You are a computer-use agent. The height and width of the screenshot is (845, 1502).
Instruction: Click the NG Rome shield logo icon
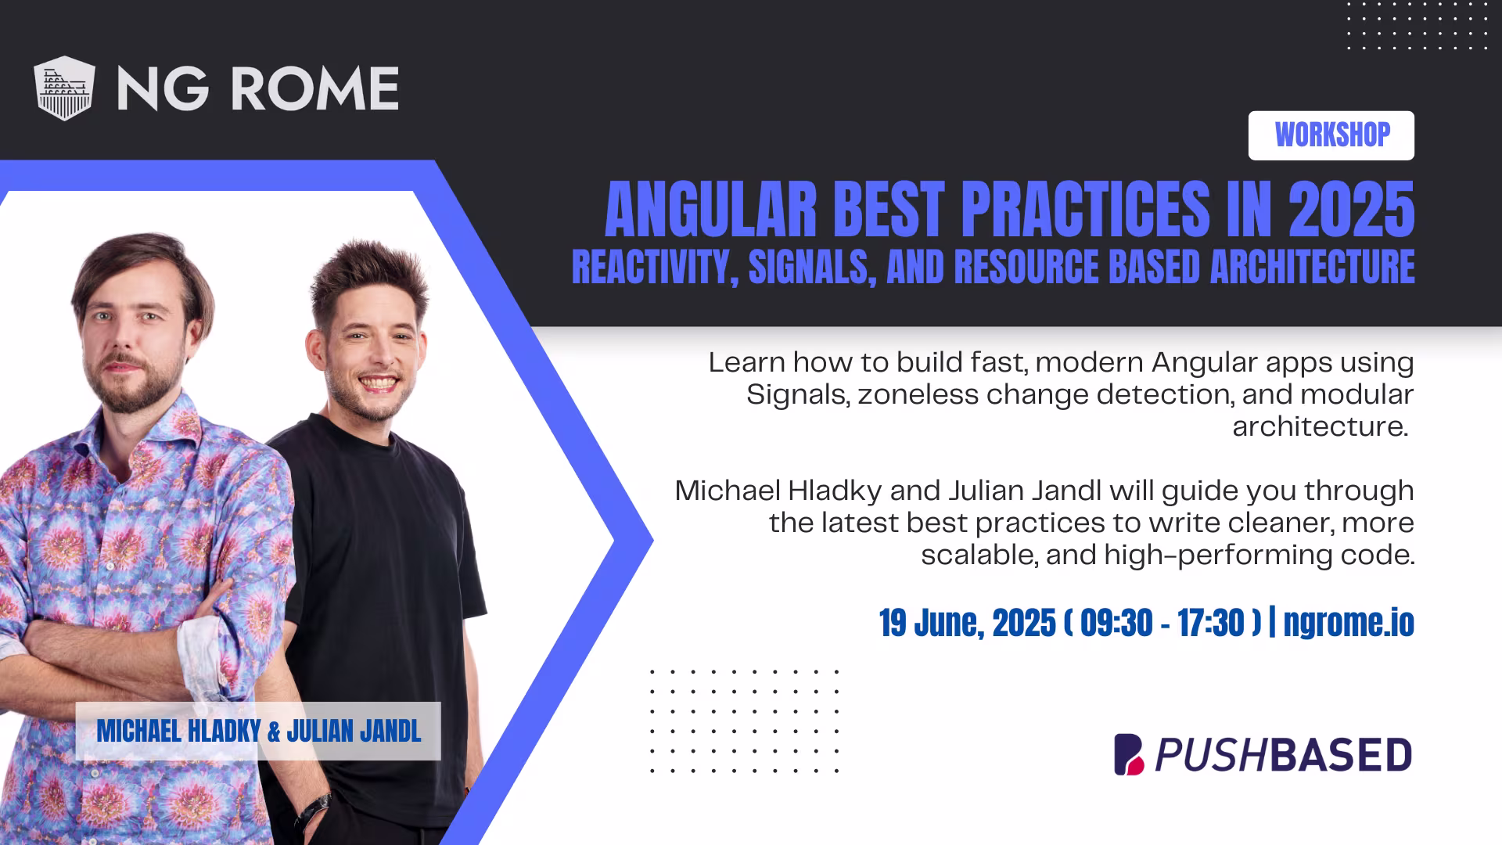64,88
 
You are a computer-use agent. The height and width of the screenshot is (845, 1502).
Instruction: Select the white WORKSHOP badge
1331,135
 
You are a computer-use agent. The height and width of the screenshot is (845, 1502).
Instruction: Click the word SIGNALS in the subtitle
807,267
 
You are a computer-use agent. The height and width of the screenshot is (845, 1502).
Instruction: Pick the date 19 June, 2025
967,624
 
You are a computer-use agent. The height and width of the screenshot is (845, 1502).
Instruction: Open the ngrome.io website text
1349,624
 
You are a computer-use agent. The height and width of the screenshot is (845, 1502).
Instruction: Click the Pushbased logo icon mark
1129,754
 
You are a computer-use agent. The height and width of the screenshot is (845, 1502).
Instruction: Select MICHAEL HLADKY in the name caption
178,732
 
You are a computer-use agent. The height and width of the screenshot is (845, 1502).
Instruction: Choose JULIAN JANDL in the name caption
354,732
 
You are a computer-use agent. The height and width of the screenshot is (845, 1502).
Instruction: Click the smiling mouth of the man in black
378,384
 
